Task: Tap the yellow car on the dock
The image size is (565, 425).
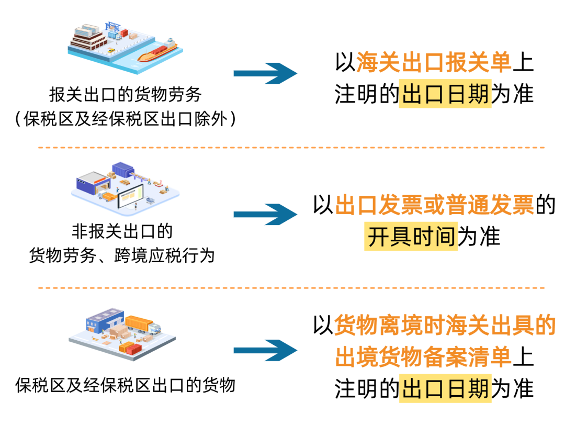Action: click(111, 51)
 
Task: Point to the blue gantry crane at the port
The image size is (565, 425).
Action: click(112, 26)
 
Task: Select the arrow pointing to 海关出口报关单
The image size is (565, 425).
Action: click(265, 73)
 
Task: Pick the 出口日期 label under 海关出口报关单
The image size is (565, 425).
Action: click(445, 95)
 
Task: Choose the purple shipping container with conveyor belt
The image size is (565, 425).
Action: click(123, 169)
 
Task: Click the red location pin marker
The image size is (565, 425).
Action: click(161, 182)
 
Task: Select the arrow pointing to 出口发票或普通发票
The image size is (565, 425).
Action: click(265, 214)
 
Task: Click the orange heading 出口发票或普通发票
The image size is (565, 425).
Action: click(434, 205)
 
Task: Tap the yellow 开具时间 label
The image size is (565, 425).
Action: click(411, 237)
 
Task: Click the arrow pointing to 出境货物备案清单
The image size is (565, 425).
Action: click(265, 350)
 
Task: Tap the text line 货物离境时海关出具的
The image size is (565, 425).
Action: click(445, 326)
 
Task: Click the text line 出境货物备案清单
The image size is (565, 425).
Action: click(423, 357)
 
